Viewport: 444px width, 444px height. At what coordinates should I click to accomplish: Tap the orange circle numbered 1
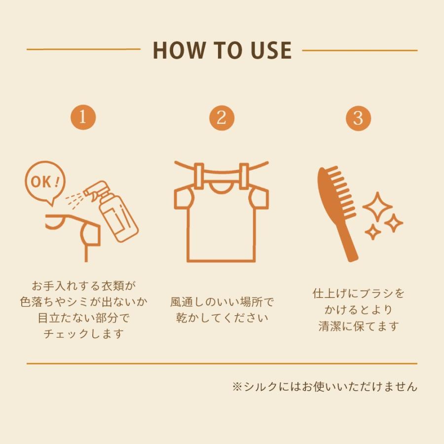(x=82, y=117)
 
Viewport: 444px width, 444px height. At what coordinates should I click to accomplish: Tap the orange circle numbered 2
(x=221, y=117)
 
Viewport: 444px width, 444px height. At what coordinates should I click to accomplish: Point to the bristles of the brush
(x=341, y=187)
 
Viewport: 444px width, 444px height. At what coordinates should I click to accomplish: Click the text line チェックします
(x=83, y=334)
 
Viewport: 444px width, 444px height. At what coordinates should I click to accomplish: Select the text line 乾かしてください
(x=221, y=318)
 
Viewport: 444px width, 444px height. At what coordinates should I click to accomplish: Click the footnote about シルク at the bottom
(x=325, y=386)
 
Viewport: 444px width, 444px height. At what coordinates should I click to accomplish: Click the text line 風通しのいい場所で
(x=221, y=301)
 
